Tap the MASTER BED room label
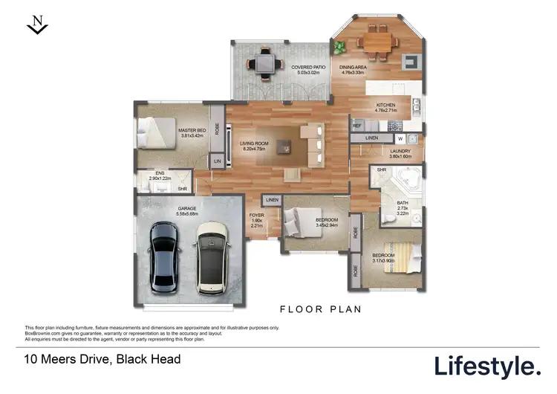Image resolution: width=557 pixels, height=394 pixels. point(192,131)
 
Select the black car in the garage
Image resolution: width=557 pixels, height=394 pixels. point(163,256)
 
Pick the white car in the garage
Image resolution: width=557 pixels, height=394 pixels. point(212,256)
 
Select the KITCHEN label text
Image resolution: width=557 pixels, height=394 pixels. point(386,106)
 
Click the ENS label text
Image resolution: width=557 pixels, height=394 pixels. point(160,173)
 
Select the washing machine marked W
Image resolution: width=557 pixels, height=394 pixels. point(400,138)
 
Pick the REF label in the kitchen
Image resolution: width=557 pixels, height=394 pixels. point(356,126)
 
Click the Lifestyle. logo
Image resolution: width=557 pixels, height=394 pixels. point(487,366)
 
